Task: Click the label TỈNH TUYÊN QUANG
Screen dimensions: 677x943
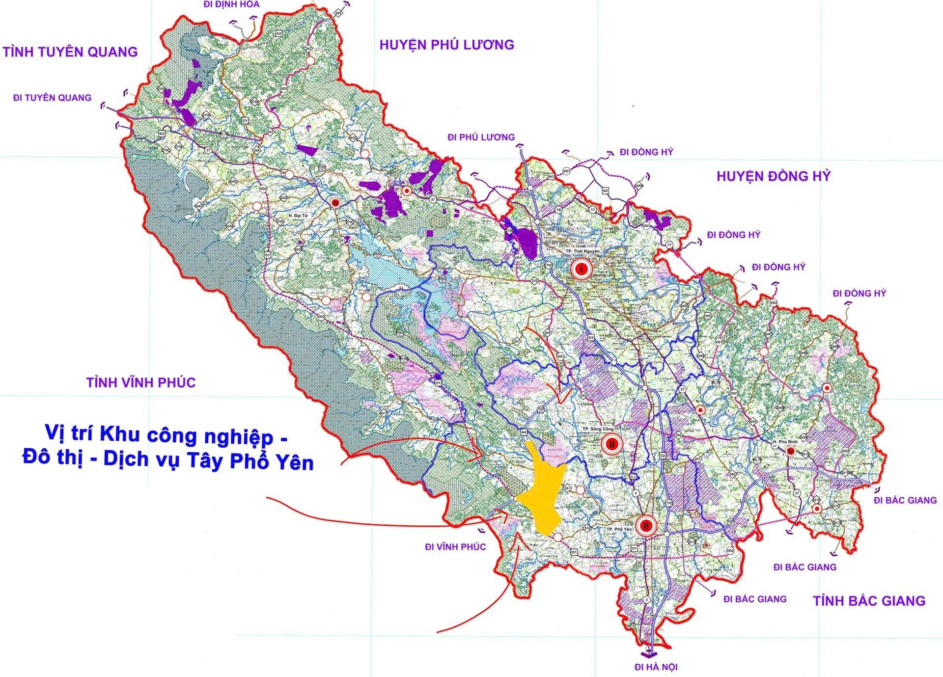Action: [70, 52]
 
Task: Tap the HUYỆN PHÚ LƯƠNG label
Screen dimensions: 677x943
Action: [446, 45]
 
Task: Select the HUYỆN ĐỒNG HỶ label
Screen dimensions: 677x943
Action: [773, 177]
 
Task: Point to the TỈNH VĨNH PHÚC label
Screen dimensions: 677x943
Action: [141, 382]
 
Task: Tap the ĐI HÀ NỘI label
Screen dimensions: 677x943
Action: [656, 667]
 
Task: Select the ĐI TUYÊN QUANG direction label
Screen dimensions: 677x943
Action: [53, 98]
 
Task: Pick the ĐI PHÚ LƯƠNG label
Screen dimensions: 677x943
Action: [481, 137]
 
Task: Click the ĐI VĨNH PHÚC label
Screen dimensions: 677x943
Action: [456, 547]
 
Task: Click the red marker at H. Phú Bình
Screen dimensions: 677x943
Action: [790, 451]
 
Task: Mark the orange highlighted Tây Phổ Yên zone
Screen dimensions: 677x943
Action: [541, 496]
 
